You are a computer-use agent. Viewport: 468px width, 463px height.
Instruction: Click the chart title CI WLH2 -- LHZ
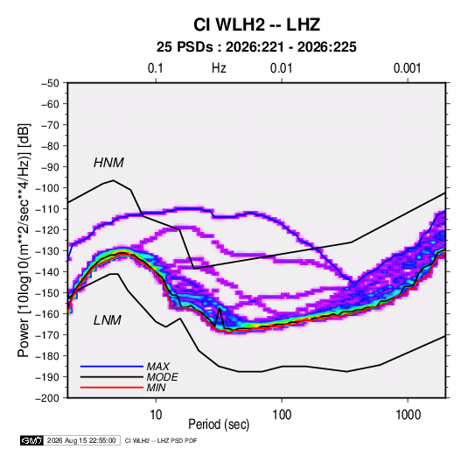coord(256,25)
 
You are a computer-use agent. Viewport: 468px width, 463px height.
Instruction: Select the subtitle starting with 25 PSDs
coord(256,47)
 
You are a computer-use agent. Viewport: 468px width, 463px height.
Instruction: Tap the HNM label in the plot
coord(108,163)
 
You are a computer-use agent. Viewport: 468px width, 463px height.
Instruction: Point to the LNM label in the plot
coord(108,320)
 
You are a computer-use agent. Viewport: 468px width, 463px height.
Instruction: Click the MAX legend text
coord(158,366)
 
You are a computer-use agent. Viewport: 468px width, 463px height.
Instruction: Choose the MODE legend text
coord(163,377)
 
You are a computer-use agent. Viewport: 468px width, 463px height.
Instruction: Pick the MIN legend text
coord(157,388)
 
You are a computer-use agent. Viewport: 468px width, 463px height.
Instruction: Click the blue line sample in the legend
coord(112,366)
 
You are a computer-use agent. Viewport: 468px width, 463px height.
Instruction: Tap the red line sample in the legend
coord(112,388)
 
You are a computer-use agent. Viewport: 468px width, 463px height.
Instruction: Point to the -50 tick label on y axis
coord(50,83)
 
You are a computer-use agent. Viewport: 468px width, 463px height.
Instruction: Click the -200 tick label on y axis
coord(47,398)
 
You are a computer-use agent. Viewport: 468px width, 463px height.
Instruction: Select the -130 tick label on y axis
coord(47,251)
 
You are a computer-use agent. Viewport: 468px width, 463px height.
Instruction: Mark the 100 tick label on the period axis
coord(282,415)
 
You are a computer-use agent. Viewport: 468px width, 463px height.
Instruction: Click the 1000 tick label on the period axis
coord(408,415)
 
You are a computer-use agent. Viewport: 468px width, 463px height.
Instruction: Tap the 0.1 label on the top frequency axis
coord(156,68)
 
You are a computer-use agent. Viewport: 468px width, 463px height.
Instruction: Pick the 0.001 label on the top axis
coord(407,68)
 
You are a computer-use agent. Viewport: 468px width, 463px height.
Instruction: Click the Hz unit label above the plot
coord(219,68)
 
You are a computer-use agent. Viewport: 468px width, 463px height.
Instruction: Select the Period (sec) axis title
coord(219,424)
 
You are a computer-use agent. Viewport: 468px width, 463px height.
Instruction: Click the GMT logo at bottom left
coord(32,440)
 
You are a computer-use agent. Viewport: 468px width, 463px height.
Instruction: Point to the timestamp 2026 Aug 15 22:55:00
coord(81,440)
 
